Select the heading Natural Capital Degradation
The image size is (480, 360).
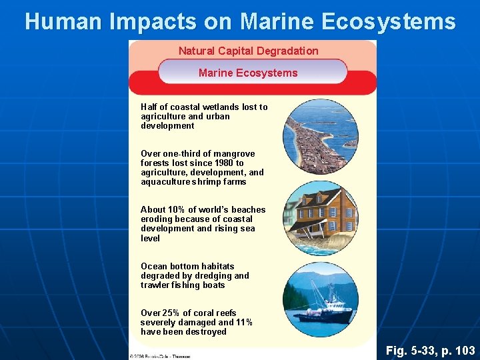pos(248,51)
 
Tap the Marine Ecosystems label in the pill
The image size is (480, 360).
pos(248,73)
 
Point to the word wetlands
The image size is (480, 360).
pos(210,107)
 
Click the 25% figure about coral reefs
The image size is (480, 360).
pos(169,313)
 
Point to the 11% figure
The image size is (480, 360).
pos(244,322)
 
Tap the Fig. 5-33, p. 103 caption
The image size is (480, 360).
pos(431,350)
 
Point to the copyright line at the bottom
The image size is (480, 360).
pos(159,356)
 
